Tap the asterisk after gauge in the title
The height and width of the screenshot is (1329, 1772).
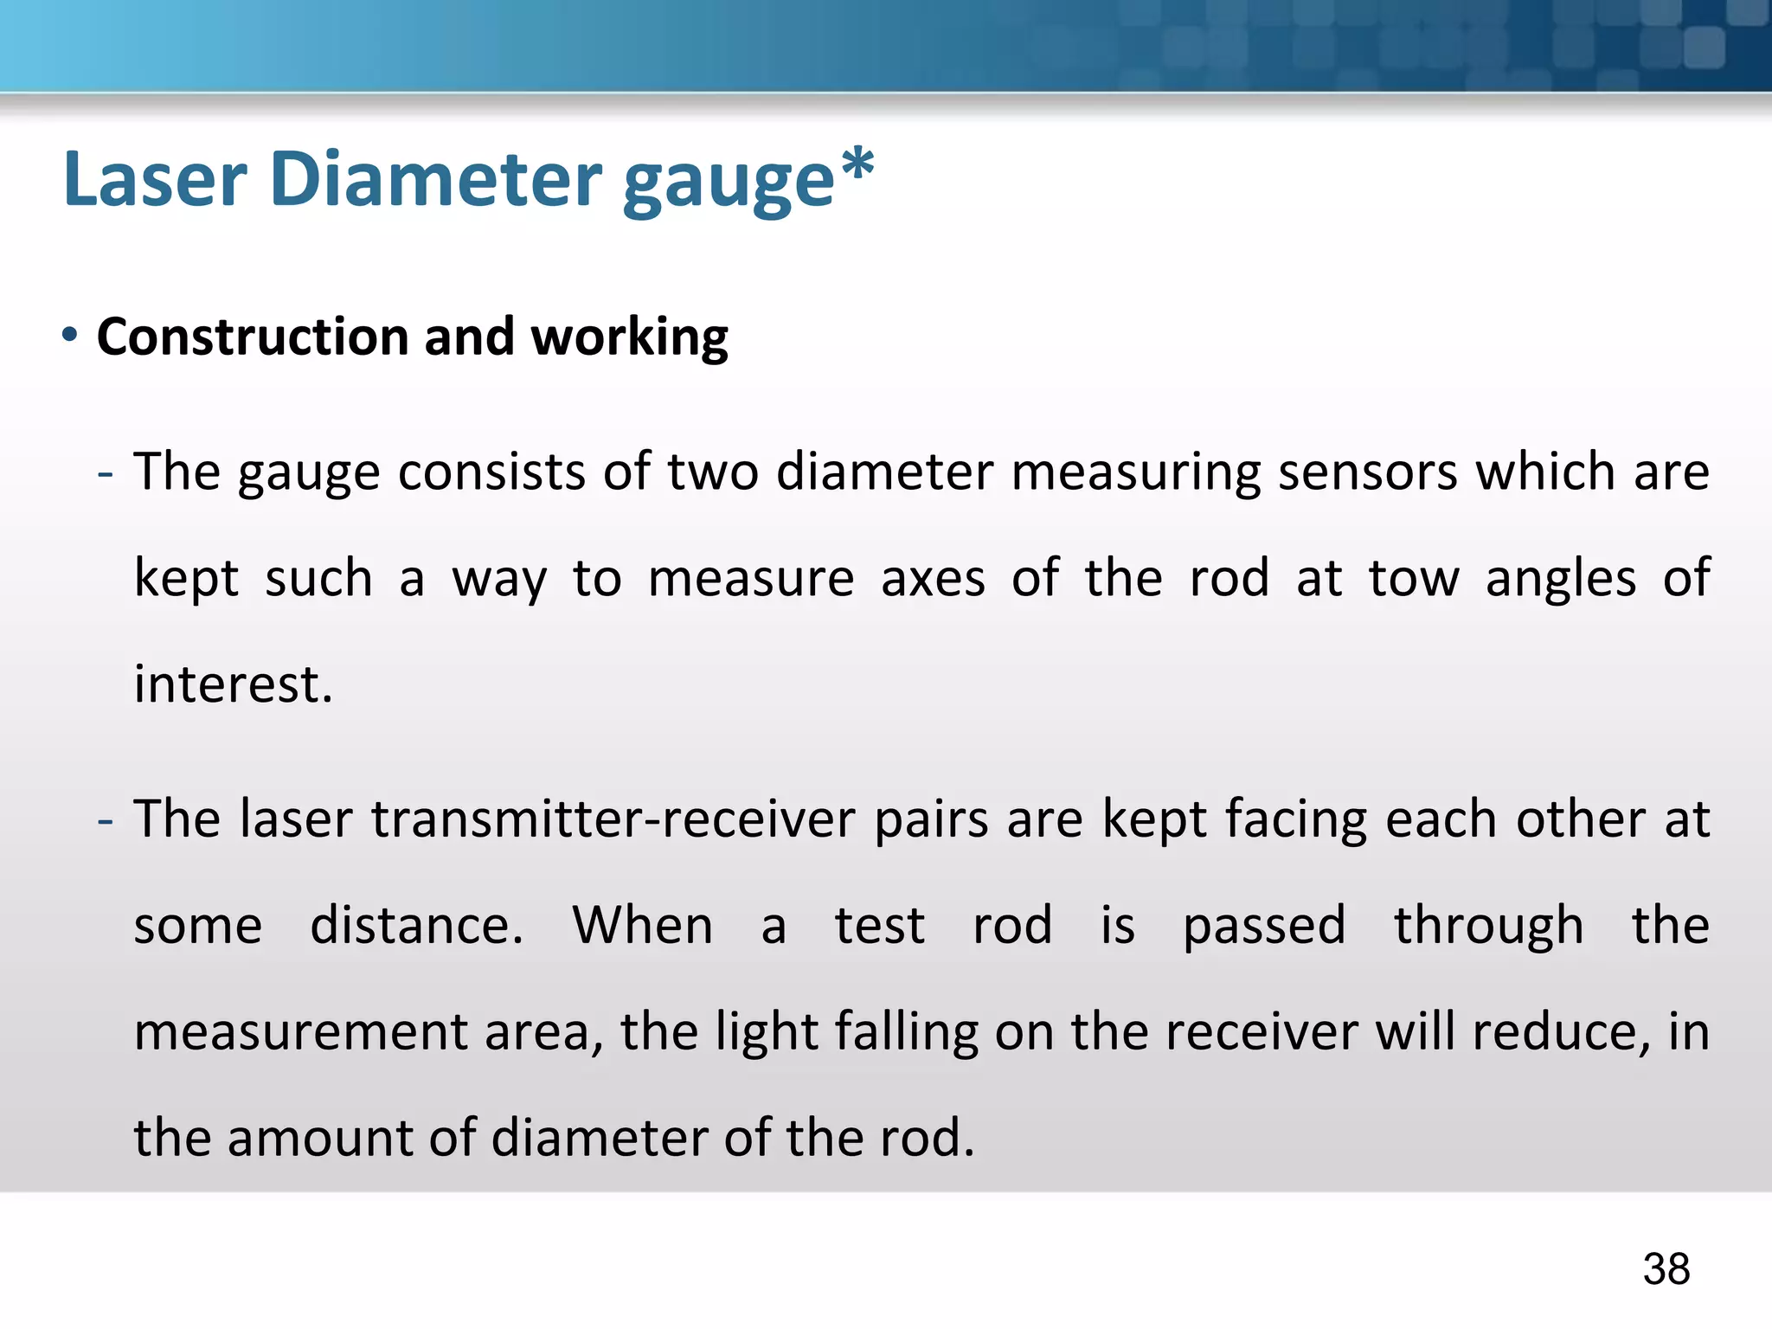[857, 165]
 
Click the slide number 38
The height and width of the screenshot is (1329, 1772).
[1666, 1269]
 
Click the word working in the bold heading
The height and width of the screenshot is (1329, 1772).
[629, 338]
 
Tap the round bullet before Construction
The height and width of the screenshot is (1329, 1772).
[70, 335]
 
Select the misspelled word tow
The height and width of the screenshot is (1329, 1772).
[1414, 578]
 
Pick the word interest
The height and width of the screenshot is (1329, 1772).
[233, 684]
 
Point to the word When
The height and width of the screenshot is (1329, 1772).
[643, 925]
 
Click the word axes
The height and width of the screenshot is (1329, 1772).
[933, 578]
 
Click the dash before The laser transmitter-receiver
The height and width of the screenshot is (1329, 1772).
[105, 820]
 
